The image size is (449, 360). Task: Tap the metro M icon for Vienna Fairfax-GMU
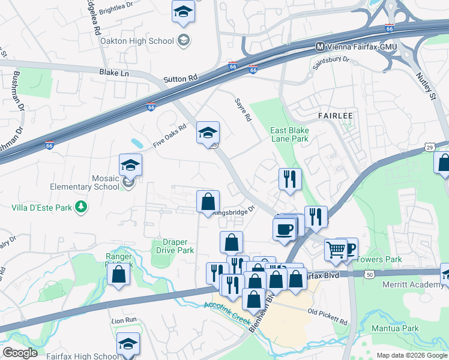(321, 46)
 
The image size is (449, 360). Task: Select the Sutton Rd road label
(180, 79)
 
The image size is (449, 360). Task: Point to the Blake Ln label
(113, 73)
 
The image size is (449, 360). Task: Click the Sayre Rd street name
(243, 110)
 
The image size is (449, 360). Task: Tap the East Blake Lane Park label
(289, 134)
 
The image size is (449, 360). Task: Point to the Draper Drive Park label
(175, 245)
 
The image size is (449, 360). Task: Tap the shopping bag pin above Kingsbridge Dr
(208, 202)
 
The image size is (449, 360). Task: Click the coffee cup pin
(283, 229)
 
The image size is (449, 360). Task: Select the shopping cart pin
(336, 249)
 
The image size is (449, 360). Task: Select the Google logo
(20, 353)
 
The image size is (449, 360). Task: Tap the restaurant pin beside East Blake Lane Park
(289, 178)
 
